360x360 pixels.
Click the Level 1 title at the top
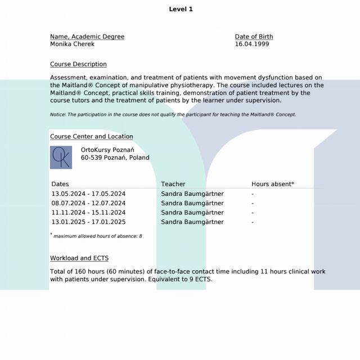[181, 9]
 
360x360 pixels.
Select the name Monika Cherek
[72, 44]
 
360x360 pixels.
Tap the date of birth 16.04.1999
[251, 44]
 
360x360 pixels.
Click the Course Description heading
[78, 64]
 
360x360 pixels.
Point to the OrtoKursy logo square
[61, 157]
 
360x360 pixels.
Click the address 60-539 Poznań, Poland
[115, 158]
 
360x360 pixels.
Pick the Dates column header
[60, 184]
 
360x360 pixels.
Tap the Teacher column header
[173, 184]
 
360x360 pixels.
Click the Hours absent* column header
[272, 184]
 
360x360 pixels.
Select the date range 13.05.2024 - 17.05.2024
[88, 194]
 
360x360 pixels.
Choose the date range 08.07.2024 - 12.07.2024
[88, 203]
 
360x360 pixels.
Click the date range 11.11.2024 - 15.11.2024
[88, 213]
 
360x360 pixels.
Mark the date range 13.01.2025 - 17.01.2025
[88, 222]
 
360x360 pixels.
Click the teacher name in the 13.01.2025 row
[192, 222]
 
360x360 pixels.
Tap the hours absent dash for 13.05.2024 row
[253, 194]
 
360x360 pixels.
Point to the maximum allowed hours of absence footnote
[97, 236]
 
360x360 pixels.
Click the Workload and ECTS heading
[79, 258]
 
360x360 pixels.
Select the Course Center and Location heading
[91, 137]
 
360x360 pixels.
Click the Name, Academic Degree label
[87, 37]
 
